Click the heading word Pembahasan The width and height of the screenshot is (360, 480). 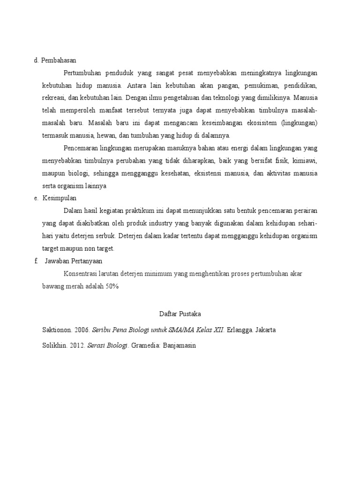point(59,60)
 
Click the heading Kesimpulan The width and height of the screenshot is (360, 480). point(60,198)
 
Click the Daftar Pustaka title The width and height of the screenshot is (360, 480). point(180,314)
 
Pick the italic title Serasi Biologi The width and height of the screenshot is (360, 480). point(107,345)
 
